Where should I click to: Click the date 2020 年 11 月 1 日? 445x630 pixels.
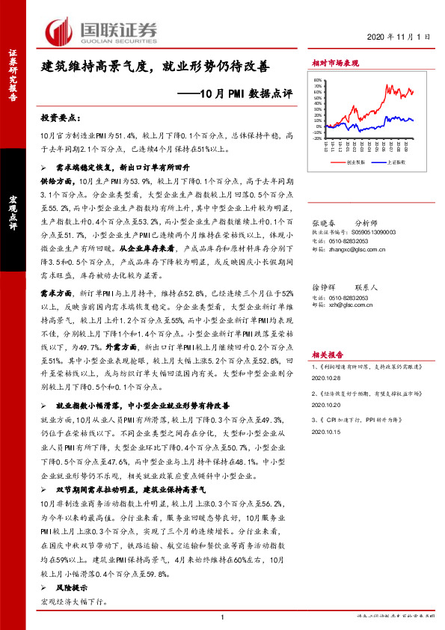click(399, 37)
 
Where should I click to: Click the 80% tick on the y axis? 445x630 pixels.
click(317, 80)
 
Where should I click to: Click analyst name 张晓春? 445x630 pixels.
click(323, 222)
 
